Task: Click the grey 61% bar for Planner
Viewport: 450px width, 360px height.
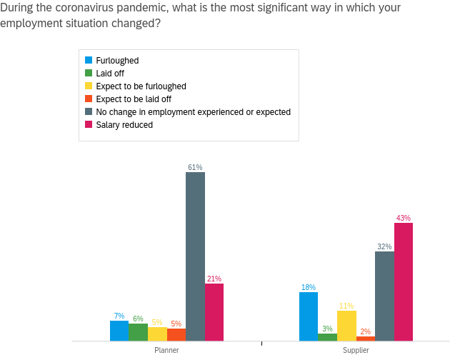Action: [x=195, y=256]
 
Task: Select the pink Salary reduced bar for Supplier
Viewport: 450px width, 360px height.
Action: [x=404, y=281]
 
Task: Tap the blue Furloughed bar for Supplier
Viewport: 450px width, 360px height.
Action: [x=309, y=316]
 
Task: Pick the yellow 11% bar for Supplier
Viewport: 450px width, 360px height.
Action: [x=346, y=326]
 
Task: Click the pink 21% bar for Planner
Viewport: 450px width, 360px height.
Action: [x=214, y=312]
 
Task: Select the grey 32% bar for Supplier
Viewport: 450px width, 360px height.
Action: [x=384, y=296]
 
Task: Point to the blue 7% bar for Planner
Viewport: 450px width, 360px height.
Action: [x=119, y=331]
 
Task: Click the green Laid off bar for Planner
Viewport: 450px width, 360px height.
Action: [x=138, y=332]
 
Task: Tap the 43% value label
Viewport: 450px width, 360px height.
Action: [x=404, y=218]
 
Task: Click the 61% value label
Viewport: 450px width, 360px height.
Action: [x=195, y=167]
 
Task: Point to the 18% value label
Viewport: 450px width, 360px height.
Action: [x=309, y=287]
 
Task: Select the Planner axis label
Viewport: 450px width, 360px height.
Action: [x=166, y=350]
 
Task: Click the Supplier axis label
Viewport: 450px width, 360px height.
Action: [x=356, y=350]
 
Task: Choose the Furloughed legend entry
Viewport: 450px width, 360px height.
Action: [x=117, y=61]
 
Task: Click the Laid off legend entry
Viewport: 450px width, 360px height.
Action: [x=109, y=74]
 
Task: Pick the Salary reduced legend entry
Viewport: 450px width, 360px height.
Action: [x=124, y=125]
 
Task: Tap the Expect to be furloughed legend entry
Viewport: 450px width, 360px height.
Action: [x=141, y=86]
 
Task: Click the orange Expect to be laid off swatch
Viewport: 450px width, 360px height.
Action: [x=89, y=99]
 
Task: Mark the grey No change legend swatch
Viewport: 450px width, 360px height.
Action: [x=89, y=112]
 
